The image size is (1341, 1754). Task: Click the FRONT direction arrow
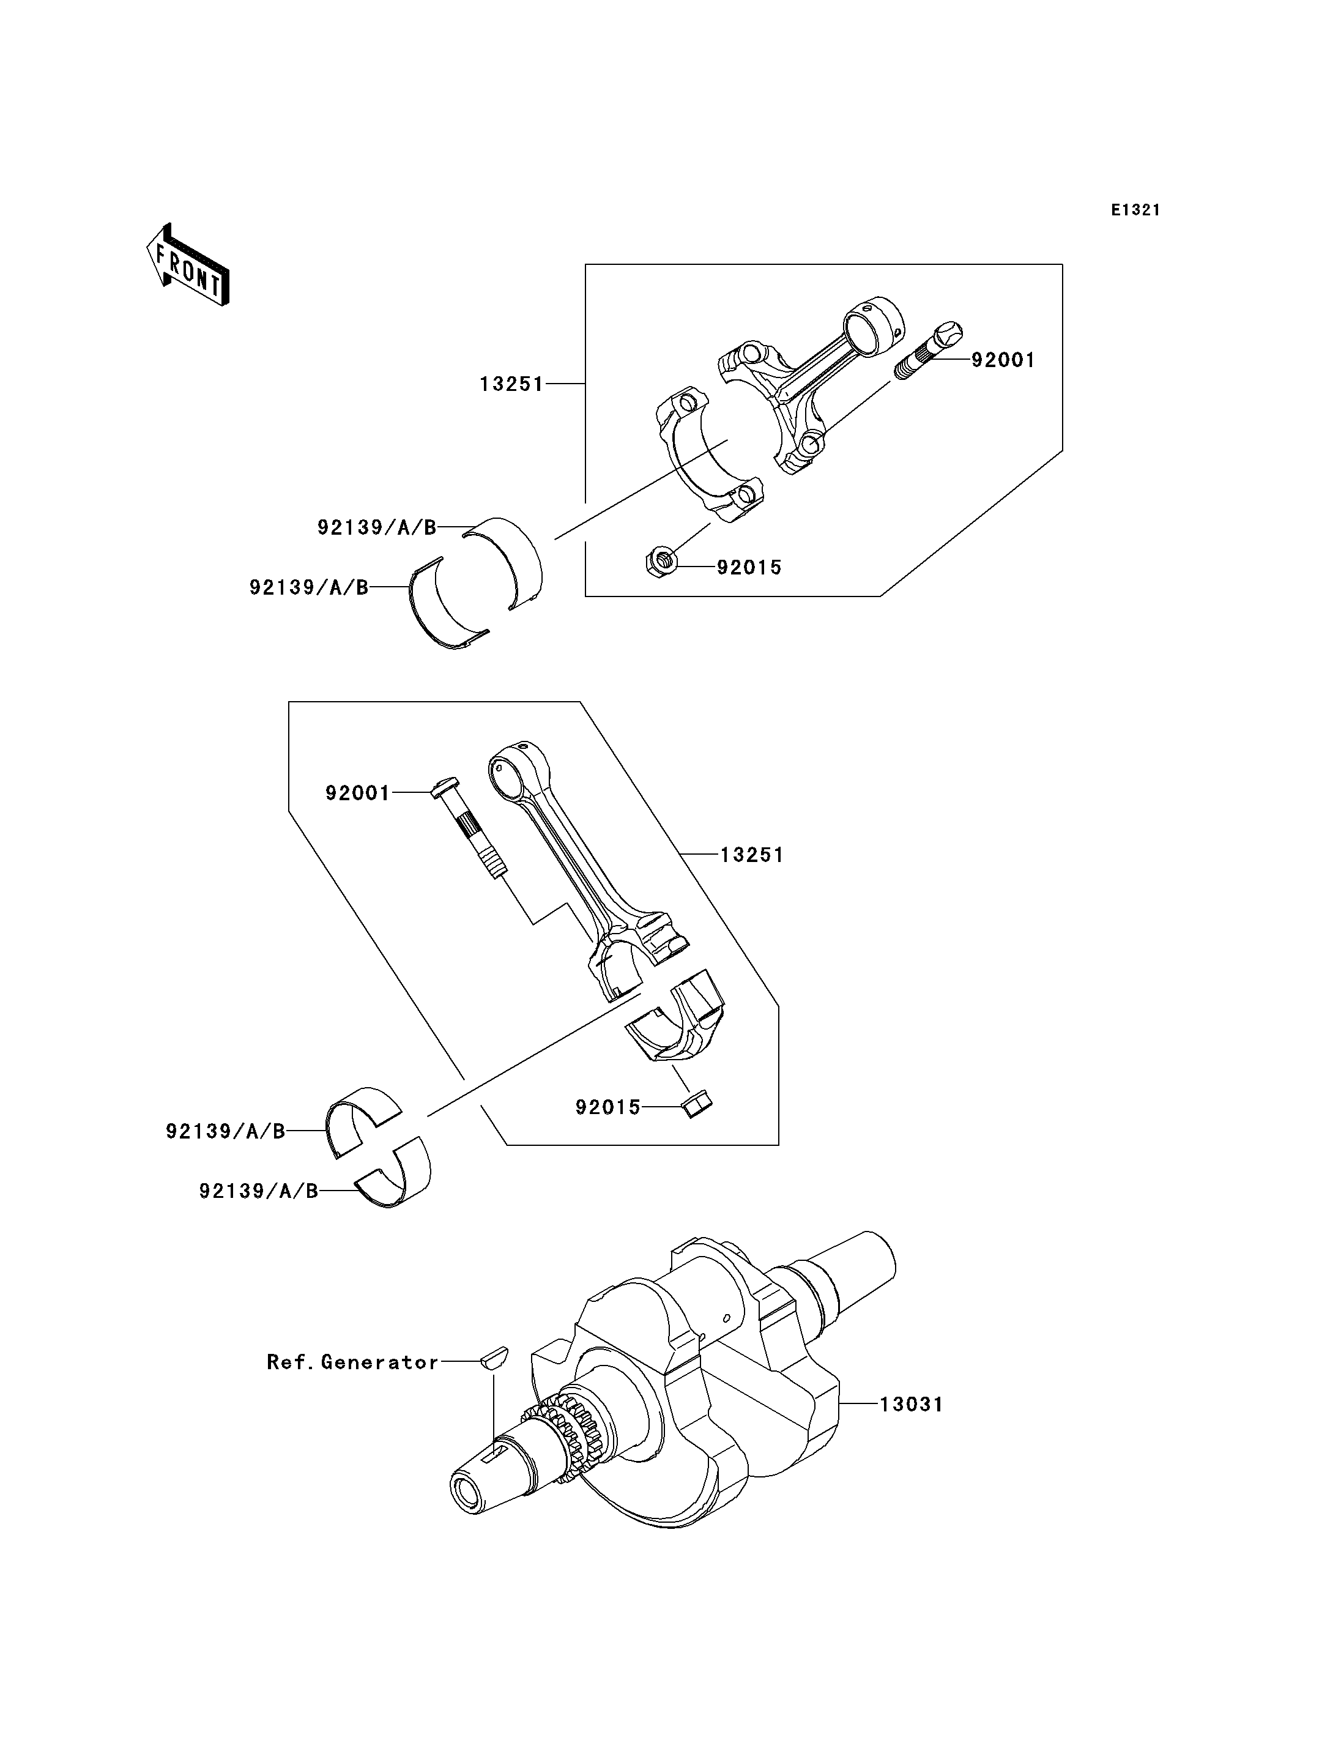pos(188,266)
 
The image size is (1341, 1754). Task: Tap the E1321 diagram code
pos(1135,210)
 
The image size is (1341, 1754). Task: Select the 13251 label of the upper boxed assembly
pos(511,384)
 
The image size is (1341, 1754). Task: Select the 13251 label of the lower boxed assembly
pos(752,855)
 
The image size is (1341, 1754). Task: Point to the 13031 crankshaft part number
pos(912,1404)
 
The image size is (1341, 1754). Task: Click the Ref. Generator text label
pos(352,1362)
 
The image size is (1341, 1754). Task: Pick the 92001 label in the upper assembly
pos(1003,360)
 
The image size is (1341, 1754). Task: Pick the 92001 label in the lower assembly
pos(357,793)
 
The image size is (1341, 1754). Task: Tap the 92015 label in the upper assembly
pos(749,568)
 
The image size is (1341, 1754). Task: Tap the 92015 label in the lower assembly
pos(607,1107)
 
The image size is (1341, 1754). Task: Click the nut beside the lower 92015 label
pos(697,1104)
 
